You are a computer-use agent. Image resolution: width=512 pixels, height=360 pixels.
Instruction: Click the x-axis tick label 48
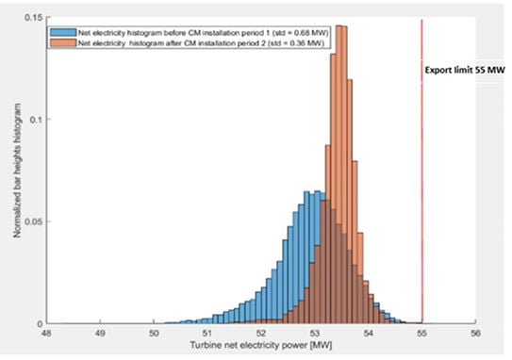point(46,334)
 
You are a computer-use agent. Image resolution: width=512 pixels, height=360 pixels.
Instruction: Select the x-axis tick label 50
point(154,334)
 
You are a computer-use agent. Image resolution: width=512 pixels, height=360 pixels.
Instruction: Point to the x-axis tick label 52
point(261,334)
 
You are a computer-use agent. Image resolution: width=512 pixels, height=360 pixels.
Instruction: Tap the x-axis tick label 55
point(421,334)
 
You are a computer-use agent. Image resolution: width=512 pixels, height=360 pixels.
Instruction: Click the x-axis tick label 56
point(475,334)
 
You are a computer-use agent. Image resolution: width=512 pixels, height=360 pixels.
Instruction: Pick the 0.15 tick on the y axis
point(33,17)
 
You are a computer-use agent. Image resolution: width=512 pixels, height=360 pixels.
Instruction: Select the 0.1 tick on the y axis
point(36,120)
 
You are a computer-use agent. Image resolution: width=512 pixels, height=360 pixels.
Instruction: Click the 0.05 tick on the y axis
point(33,222)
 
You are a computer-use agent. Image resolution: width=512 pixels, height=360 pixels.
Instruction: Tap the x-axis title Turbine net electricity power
point(261,346)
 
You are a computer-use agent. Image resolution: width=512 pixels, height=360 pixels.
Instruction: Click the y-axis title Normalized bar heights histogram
point(17,171)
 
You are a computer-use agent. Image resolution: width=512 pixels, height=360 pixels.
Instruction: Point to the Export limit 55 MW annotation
point(465,70)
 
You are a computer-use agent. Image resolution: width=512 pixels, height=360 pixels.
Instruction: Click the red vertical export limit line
point(421,172)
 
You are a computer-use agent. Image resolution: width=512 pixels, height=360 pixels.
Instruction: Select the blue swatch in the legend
point(63,33)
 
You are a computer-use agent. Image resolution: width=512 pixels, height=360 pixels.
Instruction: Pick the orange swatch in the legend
point(63,43)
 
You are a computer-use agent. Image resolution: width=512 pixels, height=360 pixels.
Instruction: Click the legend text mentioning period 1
point(203,33)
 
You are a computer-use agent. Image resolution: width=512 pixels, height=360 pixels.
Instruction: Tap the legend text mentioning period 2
point(201,43)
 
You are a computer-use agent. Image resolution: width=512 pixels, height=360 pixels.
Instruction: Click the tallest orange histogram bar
point(339,174)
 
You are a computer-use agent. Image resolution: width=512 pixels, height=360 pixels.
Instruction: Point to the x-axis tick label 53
point(314,334)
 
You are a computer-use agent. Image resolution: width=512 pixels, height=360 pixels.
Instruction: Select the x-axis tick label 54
point(368,334)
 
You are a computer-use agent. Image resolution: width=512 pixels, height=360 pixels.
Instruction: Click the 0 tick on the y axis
point(40,324)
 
